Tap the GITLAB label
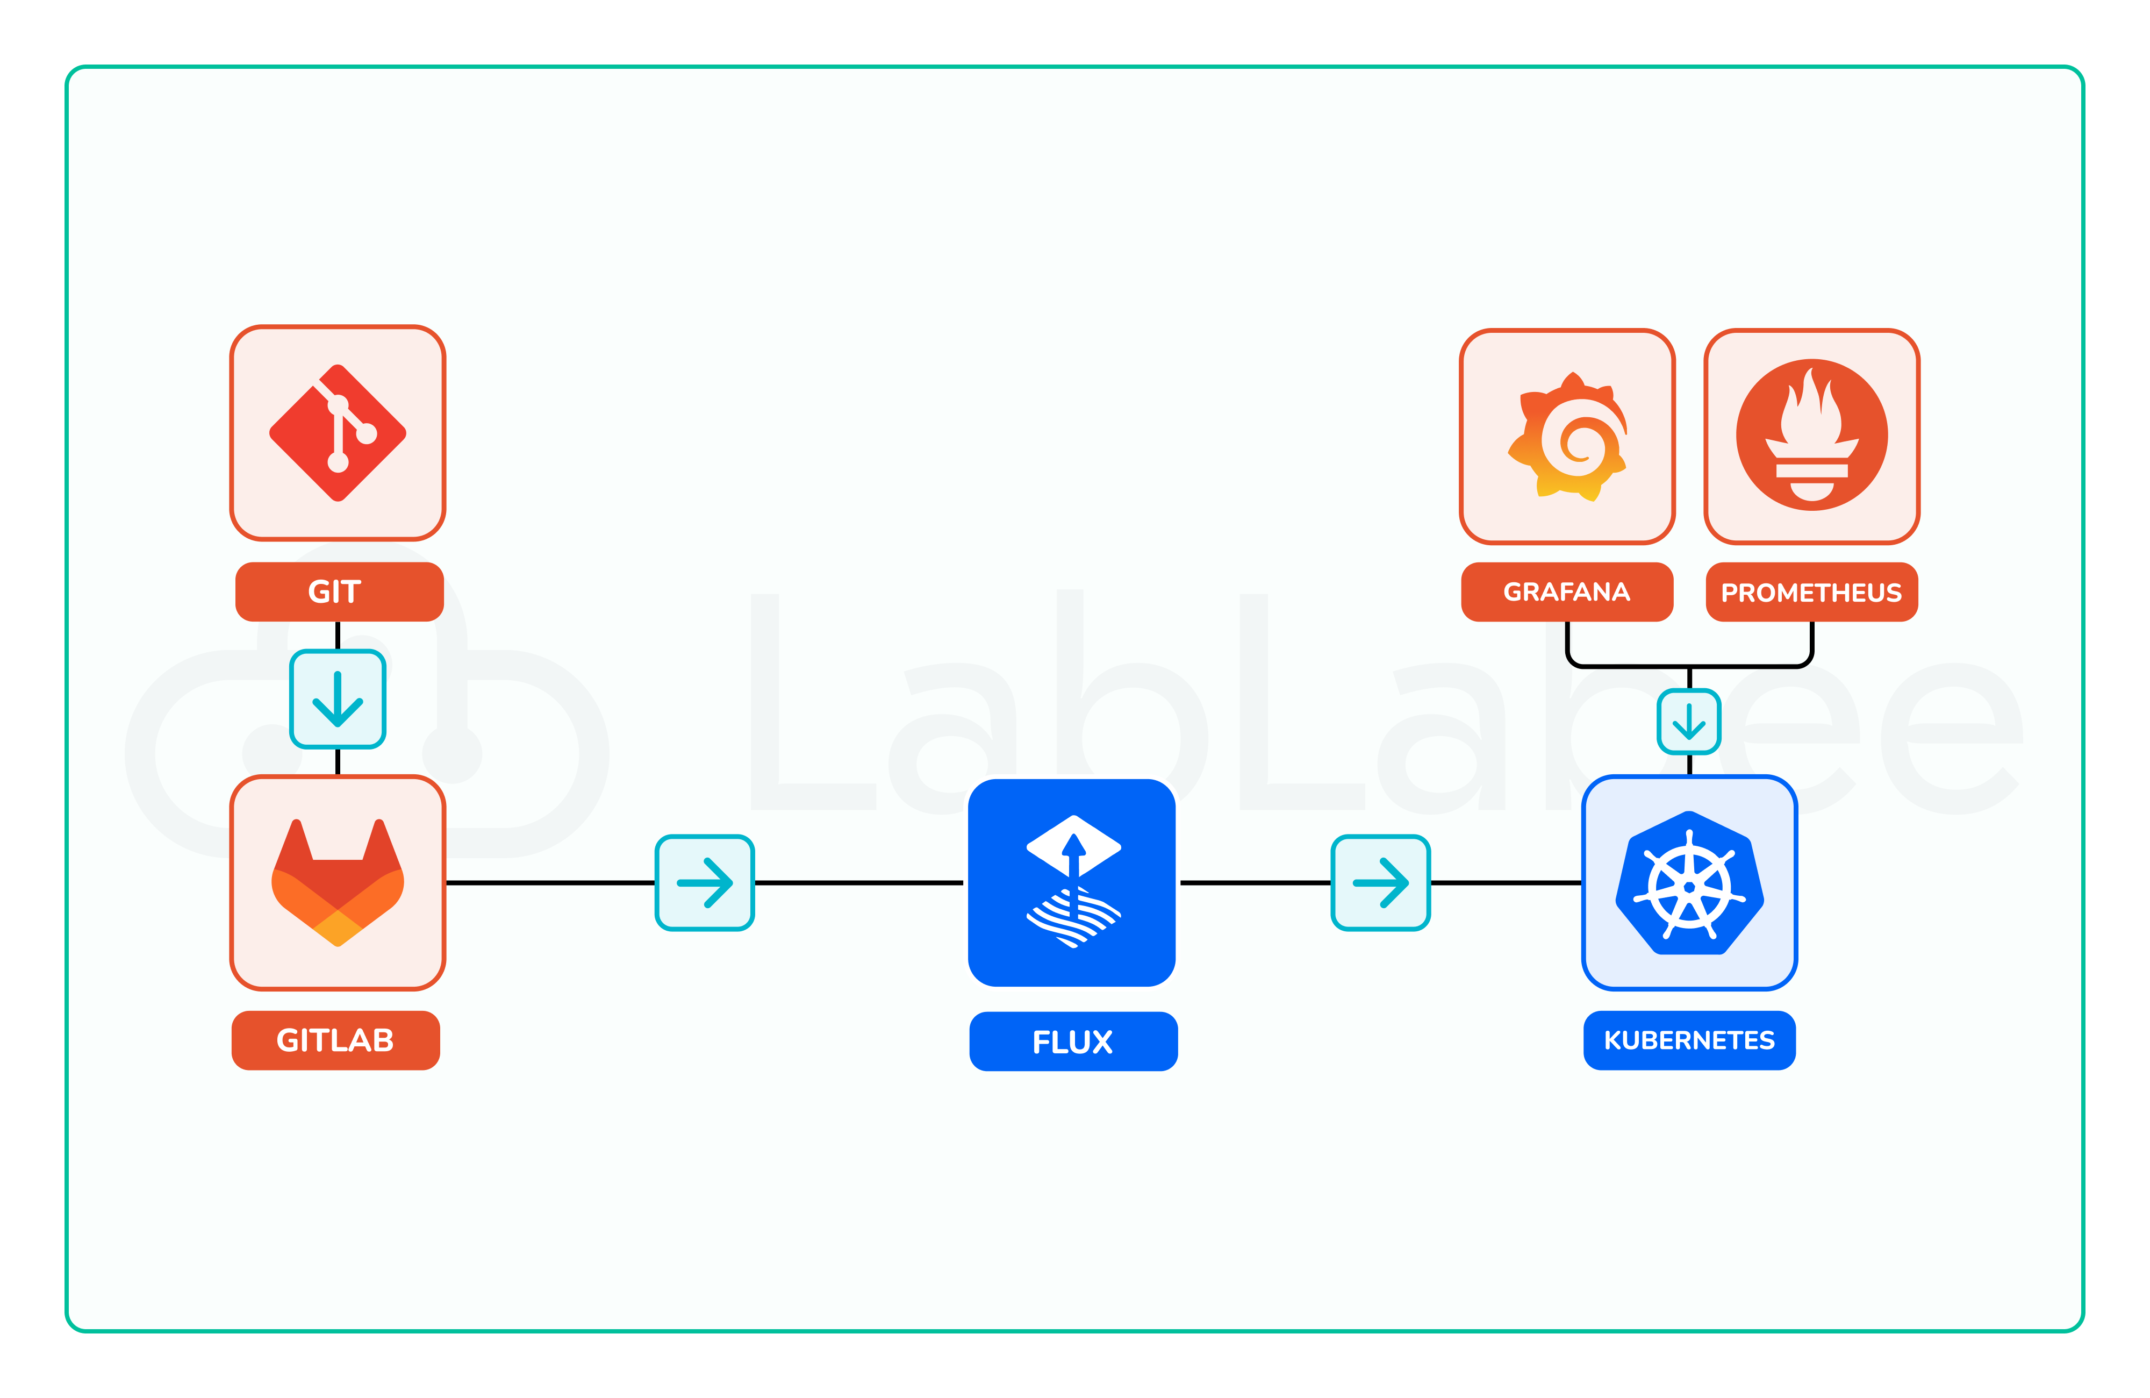335,1040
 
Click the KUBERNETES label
1688,1040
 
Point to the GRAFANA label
1566,592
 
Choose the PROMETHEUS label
1811,592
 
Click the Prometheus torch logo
1811,434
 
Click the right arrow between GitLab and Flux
705,882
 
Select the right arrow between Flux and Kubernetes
1380,882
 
